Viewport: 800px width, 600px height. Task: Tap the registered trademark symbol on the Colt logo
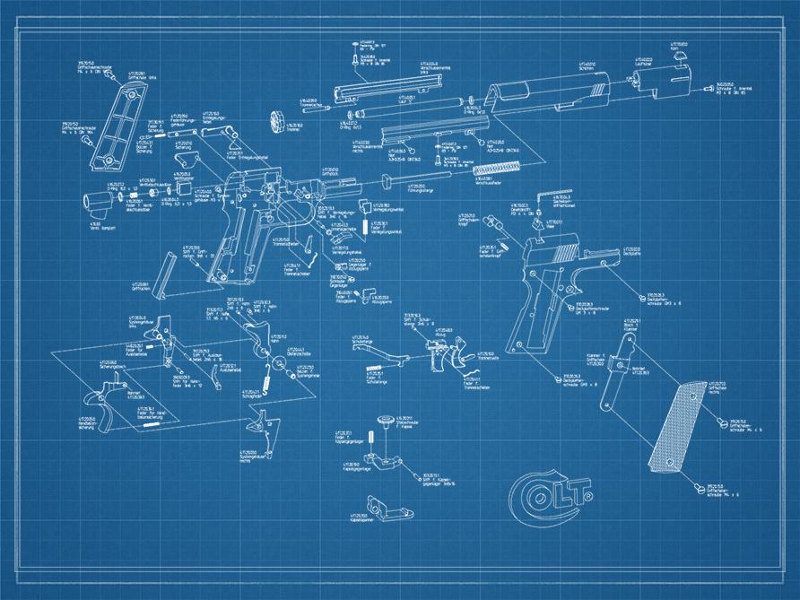[593, 489]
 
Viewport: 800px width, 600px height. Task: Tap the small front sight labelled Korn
[679, 57]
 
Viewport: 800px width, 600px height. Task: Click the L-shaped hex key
[550, 199]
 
